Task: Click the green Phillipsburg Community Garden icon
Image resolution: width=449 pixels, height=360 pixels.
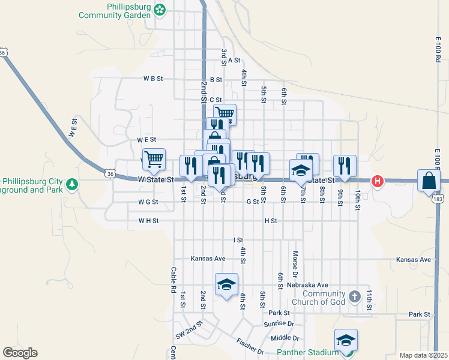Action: pos(159,9)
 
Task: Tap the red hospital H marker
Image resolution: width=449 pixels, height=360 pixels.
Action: pos(378,181)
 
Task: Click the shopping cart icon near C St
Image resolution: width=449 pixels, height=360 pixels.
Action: pos(224,113)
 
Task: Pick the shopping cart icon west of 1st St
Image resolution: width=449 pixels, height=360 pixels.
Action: pos(154,159)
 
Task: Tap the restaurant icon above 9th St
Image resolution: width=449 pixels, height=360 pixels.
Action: pos(345,165)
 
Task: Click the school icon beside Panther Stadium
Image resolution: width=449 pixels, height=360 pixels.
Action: pos(346,341)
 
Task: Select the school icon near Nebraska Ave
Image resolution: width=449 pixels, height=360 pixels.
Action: pos(226,285)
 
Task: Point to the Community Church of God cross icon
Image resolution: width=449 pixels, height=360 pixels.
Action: pos(355,296)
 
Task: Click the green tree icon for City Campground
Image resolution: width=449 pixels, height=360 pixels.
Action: pos(72,182)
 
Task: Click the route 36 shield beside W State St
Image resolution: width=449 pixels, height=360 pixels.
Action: pos(110,174)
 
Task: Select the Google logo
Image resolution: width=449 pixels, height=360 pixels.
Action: pos(20,353)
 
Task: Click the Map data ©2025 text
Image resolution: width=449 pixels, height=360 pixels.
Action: pos(423,355)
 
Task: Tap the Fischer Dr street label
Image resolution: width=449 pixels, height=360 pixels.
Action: pos(250,347)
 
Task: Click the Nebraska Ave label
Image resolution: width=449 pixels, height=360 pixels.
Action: pos(307,285)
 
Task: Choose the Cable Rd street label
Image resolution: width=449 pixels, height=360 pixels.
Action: pos(173,280)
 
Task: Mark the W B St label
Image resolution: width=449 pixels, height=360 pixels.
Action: pos(153,79)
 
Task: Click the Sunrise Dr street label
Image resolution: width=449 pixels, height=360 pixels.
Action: pos(279,323)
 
